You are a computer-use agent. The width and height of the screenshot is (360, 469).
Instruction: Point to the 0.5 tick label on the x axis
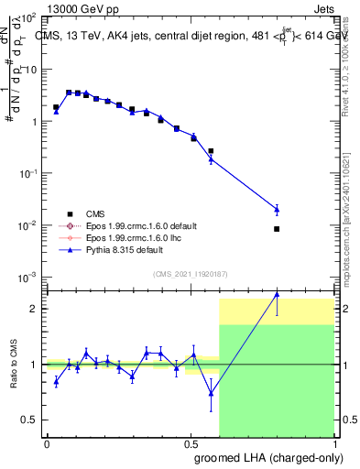coord(191,443)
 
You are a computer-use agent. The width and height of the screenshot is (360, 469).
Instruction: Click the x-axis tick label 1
coord(335,443)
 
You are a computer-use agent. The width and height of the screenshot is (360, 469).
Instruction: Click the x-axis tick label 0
coord(47,443)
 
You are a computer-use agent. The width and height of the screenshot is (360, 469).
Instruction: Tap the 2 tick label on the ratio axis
coord(34,309)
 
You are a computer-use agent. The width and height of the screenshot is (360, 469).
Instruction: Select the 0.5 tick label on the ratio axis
coord(30,420)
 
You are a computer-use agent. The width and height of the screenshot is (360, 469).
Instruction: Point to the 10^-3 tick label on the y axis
coord(28,277)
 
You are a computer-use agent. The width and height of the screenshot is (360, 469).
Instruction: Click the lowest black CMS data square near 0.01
coord(277,229)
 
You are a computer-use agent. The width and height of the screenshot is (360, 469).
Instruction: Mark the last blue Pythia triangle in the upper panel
coord(277,209)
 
